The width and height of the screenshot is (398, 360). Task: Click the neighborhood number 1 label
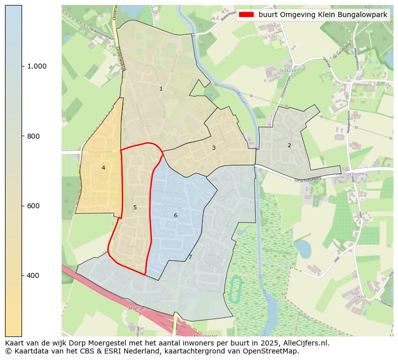pos(161,89)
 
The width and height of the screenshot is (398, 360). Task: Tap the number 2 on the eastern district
pos(289,146)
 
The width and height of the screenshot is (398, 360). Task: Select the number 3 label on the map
pos(214,148)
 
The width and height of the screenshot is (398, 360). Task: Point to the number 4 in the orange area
pos(103,168)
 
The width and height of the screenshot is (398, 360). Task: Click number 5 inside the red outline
pos(135,208)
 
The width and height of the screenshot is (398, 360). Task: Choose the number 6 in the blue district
pos(175,216)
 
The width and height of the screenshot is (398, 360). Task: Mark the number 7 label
pos(190,257)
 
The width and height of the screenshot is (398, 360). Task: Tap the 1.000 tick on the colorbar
pos(37,66)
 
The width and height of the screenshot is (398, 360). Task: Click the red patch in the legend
pos(247,15)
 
